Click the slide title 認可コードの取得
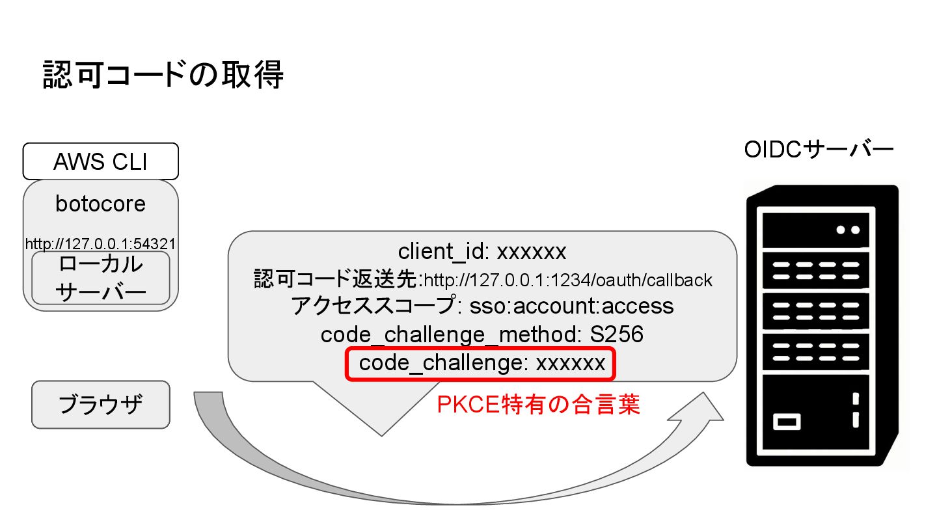pos(163,75)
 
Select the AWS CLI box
pos(100,161)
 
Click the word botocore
pos(100,204)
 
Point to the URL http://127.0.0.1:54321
pos(100,244)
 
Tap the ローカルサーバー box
pos(100,278)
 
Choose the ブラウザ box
pos(100,405)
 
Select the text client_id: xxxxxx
pos(482,250)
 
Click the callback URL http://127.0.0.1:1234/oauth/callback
pos(568,280)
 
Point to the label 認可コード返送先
pos(337,280)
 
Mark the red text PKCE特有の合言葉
pos(539,405)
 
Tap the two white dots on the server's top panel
pos(848,230)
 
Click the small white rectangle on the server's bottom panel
pos(786,421)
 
